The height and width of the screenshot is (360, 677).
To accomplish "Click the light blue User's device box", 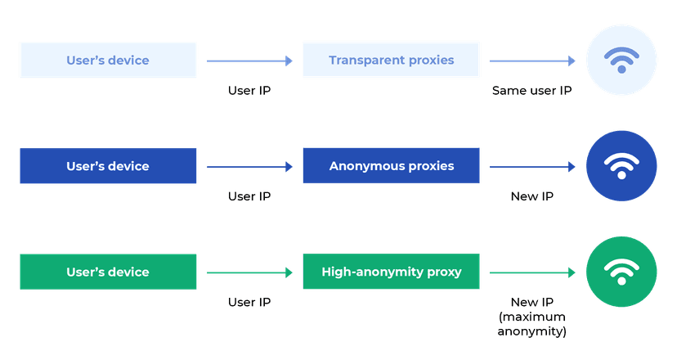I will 108,60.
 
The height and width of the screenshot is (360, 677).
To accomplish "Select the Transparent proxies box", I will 391,60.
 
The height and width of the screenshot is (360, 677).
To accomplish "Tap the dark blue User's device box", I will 108,166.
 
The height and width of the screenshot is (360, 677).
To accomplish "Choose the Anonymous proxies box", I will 391,166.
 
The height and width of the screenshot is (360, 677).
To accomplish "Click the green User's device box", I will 108,272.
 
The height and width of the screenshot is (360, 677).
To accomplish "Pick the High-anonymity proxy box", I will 391,272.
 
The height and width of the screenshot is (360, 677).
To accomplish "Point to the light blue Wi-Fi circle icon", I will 621,60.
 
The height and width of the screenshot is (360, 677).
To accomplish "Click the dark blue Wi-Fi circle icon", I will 621,166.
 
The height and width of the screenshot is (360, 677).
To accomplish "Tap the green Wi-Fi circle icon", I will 621,272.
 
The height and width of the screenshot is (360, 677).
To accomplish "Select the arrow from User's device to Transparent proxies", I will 249,61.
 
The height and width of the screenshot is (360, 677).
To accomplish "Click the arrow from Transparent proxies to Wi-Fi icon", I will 532,61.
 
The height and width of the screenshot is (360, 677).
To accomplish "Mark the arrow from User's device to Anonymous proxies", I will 249,167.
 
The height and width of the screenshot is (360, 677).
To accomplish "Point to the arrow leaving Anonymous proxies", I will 532,167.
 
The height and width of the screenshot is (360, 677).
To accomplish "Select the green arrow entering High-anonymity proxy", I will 249,272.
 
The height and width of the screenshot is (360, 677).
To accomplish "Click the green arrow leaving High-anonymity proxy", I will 532,272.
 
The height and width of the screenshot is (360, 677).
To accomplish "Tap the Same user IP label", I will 531,90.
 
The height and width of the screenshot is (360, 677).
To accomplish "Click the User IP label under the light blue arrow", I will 249,90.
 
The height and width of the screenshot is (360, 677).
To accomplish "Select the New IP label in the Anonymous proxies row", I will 531,196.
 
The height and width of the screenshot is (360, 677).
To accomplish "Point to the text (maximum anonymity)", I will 531,324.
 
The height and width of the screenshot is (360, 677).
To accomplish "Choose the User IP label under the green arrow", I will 249,302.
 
